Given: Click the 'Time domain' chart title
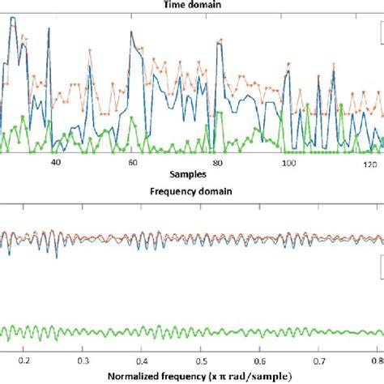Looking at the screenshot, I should [x=191, y=4].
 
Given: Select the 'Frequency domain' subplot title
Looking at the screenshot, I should [x=191, y=194].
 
